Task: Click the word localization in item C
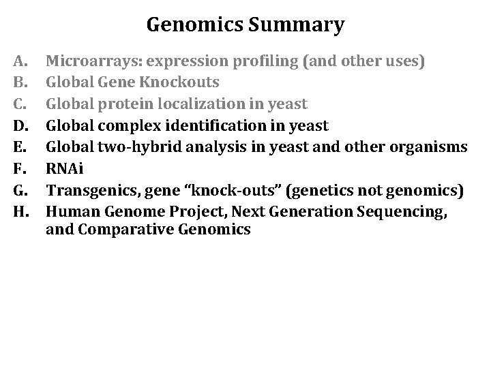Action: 193,104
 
